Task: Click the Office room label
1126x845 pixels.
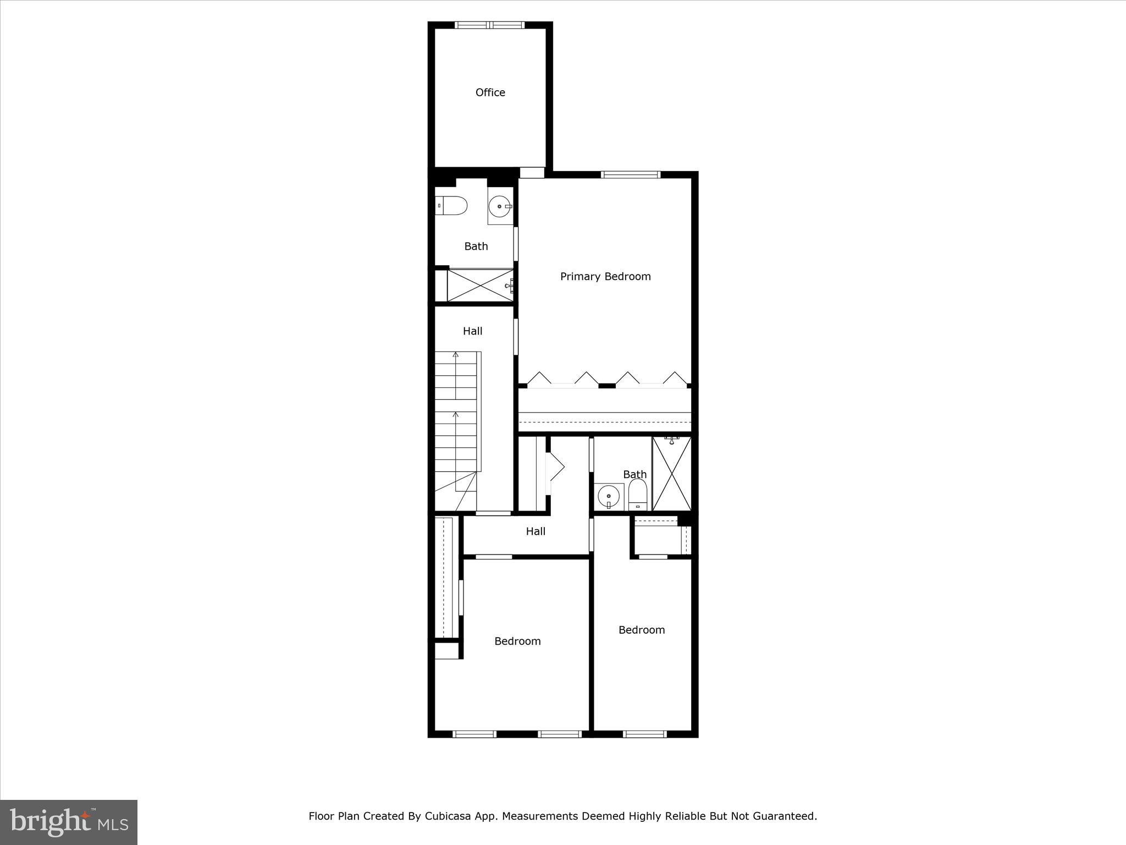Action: coord(490,92)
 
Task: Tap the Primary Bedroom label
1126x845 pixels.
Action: coord(605,276)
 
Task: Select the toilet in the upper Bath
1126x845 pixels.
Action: coord(451,206)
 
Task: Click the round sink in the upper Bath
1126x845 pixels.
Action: coord(500,207)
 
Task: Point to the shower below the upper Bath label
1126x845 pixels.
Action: coord(480,285)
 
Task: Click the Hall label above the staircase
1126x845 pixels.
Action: coord(472,331)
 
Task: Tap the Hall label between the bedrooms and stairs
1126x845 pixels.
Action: coord(535,531)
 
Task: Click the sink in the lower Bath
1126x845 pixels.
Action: coord(609,497)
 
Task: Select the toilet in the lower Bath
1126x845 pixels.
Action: coord(638,495)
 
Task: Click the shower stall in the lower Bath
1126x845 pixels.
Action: coord(672,474)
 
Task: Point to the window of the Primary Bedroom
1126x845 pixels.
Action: coord(630,175)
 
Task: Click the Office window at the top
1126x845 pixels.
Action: coord(490,25)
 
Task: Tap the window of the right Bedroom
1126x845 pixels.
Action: coord(644,734)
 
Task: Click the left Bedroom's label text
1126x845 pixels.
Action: coord(517,641)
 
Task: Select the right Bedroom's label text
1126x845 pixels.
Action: coord(641,630)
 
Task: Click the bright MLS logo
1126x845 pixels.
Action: coord(69,822)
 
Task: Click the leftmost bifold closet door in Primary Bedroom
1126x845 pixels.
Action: coord(539,378)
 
